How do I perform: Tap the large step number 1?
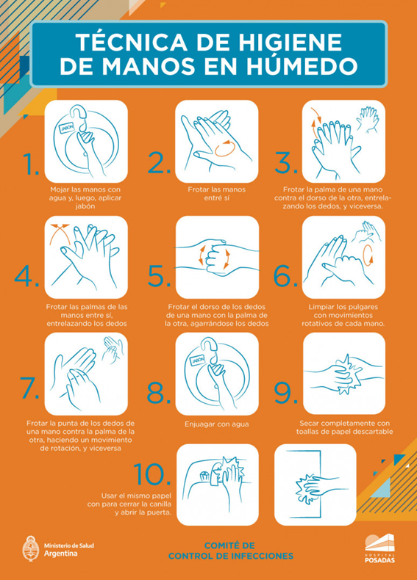pyautogui.click(x=30, y=164)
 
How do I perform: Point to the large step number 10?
pyautogui.click(x=152, y=474)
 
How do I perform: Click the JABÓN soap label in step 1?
pyautogui.click(x=67, y=126)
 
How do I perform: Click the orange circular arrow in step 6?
pyautogui.click(x=368, y=255)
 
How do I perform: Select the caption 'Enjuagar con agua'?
pyautogui.click(x=217, y=424)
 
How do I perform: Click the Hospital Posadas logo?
pyautogui.click(x=379, y=548)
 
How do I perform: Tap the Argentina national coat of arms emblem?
pyautogui.click(x=31, y=548)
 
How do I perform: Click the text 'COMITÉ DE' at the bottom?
pyautogui.click(x=229, y=545)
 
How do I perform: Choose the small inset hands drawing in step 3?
pyautogui.click(x=368, y=119)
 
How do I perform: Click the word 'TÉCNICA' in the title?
pyautogui.click(x=132, y=42)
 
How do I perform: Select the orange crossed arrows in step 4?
pyautogui.click(x=60, y=233)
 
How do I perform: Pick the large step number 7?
pyautogui.click(x=29, y=388)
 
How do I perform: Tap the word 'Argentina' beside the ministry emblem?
pyautogui.click(x=61, y=554)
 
